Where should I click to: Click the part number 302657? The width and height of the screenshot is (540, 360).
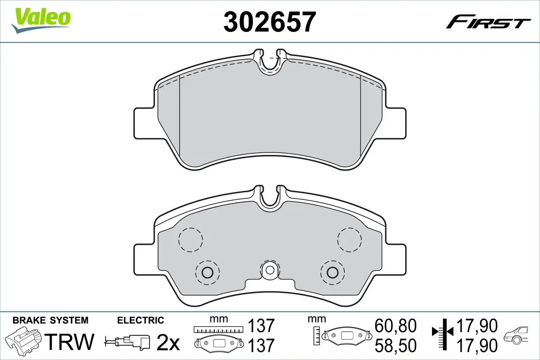pos(269,22)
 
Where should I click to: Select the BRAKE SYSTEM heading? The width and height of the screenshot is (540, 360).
pos(50,320)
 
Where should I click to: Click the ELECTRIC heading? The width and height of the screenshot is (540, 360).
pos(140,320)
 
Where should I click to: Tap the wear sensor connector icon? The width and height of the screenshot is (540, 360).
pos(128,342)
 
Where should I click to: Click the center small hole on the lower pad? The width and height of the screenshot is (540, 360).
pos(270,270)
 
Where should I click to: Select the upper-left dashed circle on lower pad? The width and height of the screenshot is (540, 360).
pos(190,239)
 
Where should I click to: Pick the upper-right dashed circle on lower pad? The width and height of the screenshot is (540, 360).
pos(349,239)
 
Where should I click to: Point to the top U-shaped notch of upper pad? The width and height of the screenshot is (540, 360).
pos(270,63)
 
